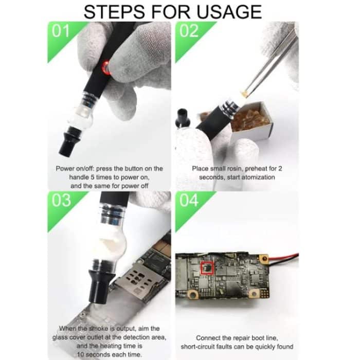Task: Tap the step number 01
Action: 61,31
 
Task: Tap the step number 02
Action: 189,31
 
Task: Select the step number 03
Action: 61,200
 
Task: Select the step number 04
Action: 189,200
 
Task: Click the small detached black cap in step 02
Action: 182,117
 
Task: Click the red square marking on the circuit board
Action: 207,268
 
